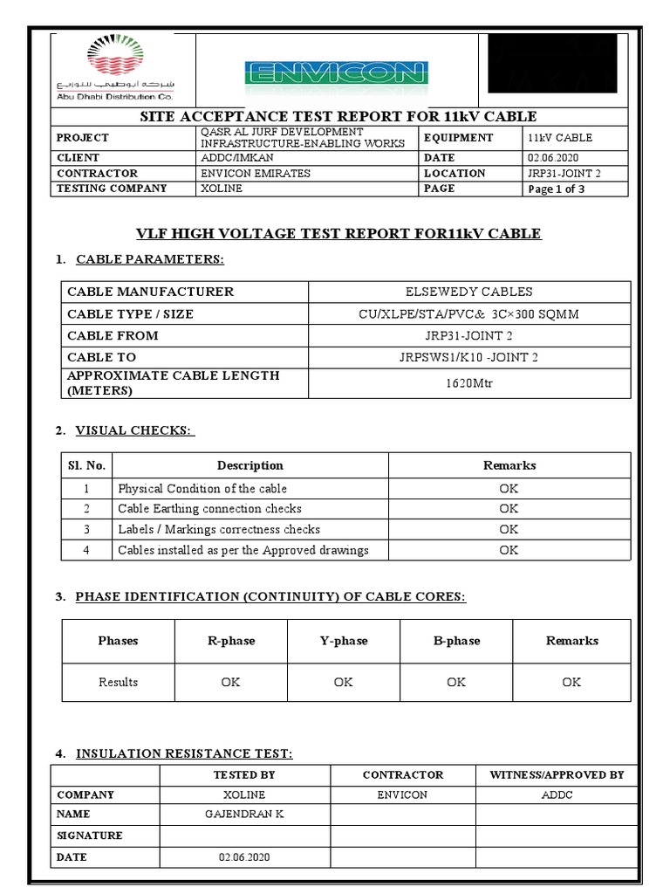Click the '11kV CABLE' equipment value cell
point(559,138)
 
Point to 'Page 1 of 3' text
point(557,189)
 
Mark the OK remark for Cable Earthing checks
point(509,508)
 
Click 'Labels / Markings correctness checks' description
point(219,529)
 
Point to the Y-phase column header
point(344,641)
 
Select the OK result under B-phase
point(456,682)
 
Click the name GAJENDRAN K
point(244,814)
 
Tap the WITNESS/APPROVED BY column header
point(556,774)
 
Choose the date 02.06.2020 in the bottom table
point(244,857)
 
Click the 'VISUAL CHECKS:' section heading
point(135,430)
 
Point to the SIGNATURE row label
point(90,836)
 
